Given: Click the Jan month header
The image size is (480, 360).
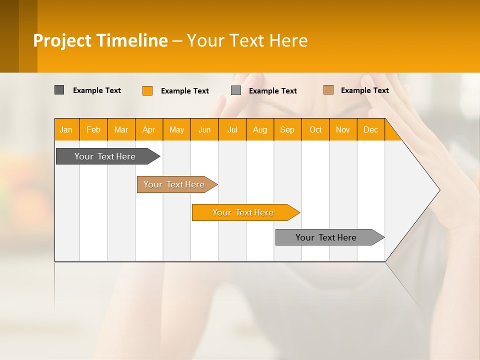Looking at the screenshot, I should tap(66, 129).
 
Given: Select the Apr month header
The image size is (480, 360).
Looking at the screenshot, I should tap(148, 129).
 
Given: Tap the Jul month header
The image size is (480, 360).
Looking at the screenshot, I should tap(232, 129).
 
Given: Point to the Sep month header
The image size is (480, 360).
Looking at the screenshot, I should tap(287, 129).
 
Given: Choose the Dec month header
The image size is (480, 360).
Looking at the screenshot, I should tap(370, 129).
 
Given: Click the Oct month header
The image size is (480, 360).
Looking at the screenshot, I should tap(315, 129).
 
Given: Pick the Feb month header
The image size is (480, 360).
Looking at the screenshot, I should tap(93, 129).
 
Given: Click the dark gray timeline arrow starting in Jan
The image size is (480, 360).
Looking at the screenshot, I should tap(105, 156).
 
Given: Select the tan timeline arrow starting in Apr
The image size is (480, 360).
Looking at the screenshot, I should tap(174, 184).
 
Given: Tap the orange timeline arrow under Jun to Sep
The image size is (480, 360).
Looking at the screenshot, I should tap(243, 212).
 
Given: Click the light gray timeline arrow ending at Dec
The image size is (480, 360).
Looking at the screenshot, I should tap(326, 237).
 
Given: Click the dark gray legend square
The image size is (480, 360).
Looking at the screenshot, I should tap(59, 90).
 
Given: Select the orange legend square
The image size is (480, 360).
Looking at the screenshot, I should tap(147, 90).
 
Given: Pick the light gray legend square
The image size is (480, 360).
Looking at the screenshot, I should tap(236, 90).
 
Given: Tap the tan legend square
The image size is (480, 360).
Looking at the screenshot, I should tap(328, 90).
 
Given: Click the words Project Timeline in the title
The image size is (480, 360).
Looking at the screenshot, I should tap(100, 40).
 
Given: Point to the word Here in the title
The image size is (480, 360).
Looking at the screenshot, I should tap(288, 40).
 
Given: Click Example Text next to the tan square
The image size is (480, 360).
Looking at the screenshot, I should tap(364, 90).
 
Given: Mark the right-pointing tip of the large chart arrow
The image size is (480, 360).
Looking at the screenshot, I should tap(438, 190).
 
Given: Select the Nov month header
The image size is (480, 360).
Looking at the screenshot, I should tap(343, 129).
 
